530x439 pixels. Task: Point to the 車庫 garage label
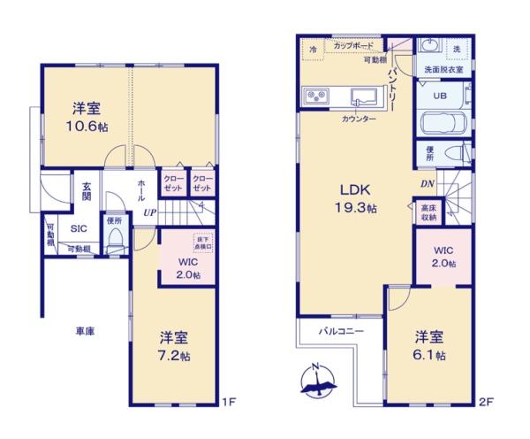pos(85,331)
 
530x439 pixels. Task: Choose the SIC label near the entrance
pos(79,227)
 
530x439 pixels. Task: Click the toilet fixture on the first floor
pos(115,241)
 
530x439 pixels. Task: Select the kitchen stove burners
pos(315,96)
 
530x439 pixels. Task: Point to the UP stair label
pos(151,213)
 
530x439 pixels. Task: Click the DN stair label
pos(428,184)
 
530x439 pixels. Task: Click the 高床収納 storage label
pos(428,212)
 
